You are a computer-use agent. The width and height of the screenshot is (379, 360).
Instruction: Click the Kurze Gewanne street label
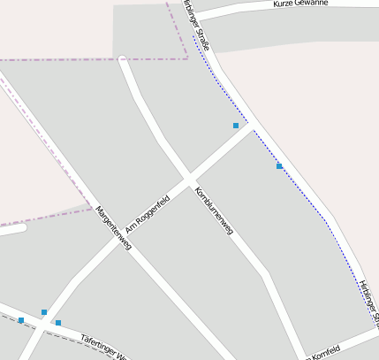[300, 4]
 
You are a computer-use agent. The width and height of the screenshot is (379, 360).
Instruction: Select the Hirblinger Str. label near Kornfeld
[370, 301]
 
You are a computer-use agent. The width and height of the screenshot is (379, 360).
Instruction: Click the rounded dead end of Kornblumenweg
[122, 60]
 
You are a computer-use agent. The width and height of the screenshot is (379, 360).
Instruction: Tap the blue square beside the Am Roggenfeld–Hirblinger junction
[236, 126]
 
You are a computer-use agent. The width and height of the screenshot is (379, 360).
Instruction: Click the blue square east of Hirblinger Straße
[279, 166]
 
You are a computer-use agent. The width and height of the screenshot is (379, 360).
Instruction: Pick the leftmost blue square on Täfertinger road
[20, 320]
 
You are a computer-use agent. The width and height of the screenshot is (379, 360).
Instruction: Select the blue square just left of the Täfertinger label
[58, 323]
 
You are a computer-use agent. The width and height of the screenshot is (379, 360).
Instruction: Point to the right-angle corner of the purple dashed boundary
[187, 57]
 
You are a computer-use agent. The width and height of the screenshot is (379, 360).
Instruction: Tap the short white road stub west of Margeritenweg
[12, 229]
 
